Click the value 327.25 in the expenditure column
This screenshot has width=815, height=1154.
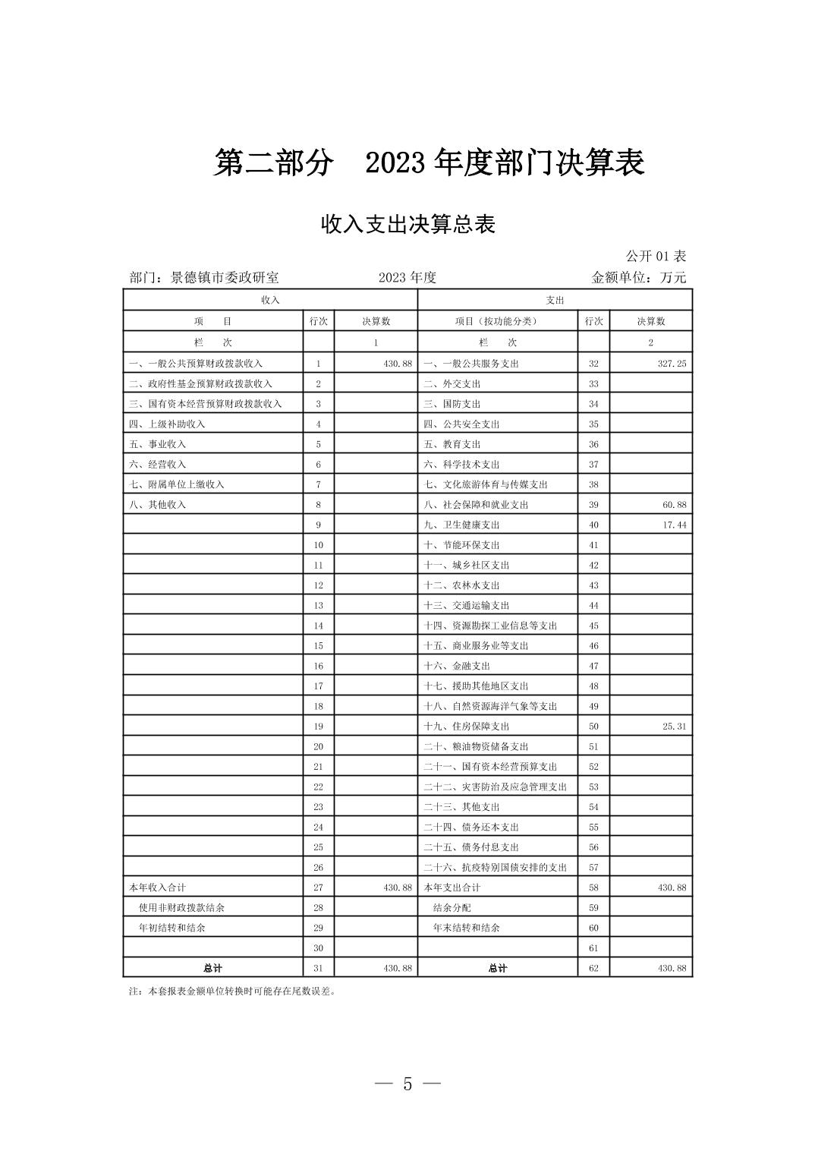pos(672,364)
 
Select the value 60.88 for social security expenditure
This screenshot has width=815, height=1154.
pos(674,505)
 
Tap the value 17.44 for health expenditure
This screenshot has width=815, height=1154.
pos(674,525)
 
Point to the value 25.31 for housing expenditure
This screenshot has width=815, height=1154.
pos(674,727)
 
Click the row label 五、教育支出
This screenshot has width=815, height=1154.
pos(452,444)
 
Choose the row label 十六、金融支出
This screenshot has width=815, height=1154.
pos(457,666)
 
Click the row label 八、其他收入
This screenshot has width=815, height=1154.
pos(158,505)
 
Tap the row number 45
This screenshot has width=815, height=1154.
pos(593,626)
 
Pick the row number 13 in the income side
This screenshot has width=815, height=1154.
pos(319,606)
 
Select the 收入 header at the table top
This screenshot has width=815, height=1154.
pos(270,300)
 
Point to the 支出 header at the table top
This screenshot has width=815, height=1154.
pos(555,300)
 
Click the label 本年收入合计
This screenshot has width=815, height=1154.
pos(158,888)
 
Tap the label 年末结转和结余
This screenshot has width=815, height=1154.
pos(467,928)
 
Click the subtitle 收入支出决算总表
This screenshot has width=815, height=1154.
pos(408,225)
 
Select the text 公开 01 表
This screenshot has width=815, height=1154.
pos(656,256)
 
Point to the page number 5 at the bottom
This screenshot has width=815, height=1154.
pos(407,1083)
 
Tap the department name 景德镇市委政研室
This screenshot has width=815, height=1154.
pos(225,277)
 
